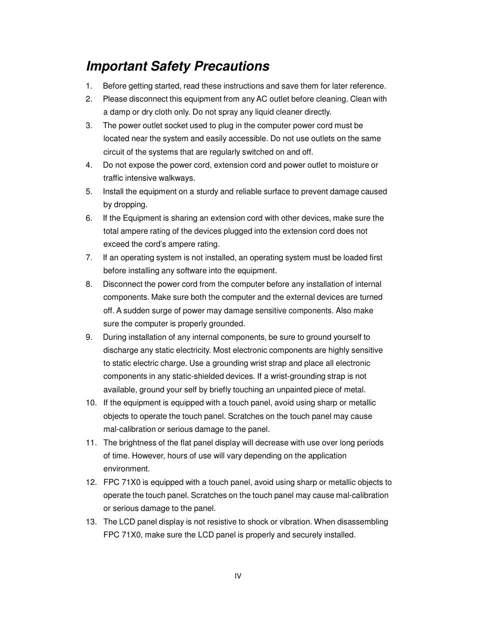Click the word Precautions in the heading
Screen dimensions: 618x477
231,67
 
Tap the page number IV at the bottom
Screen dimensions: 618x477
238,576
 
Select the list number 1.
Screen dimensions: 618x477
89,86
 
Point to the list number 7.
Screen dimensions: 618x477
89,258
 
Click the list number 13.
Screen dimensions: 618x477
90,522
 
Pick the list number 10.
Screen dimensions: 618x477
90,403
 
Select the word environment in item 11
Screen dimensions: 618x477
126,469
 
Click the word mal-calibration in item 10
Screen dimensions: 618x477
129,429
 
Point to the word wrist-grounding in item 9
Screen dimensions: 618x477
297,376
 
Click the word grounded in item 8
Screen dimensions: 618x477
227,324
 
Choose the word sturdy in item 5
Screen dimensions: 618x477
207,192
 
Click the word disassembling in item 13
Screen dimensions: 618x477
362,522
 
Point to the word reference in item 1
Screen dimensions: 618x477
367,86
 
